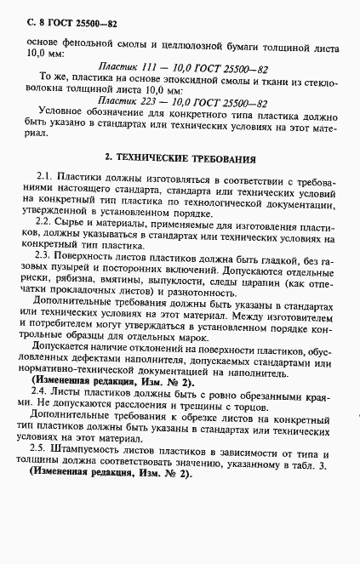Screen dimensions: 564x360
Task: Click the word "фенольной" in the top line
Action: click(86, 40)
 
